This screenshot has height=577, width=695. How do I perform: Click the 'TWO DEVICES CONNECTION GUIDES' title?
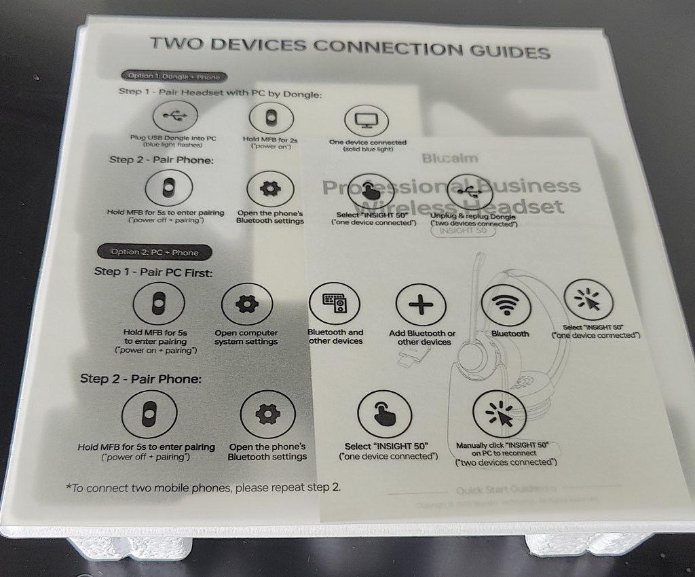(x=349, y=48)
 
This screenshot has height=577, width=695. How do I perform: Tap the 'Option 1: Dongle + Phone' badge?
(x=174, y=77)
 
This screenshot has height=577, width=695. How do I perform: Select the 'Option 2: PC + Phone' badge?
(x=155, y=252)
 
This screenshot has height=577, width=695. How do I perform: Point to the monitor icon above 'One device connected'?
(x=367, y=122)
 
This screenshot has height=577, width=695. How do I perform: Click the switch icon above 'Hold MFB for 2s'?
(x=271, y=117)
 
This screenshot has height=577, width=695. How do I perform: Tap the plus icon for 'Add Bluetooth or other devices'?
(x=421, y=304)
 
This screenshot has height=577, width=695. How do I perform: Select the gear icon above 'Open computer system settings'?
(x=246, y=305)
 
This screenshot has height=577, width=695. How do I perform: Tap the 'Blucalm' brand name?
(x=450, y=158)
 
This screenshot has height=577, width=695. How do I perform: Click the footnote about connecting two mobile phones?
(x=203, y=487)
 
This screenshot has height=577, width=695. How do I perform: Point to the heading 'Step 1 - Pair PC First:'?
(x=153, y=273)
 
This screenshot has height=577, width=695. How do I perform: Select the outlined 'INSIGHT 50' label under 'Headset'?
(x=463, y=230)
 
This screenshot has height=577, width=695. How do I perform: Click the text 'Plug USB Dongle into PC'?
(x=174, y=138)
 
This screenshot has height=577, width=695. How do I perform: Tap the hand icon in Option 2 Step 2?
(x=383, y=416)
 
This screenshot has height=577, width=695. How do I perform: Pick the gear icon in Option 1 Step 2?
(x=269, y=189)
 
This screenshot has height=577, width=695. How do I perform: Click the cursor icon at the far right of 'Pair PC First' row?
(x=588, y=301)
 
